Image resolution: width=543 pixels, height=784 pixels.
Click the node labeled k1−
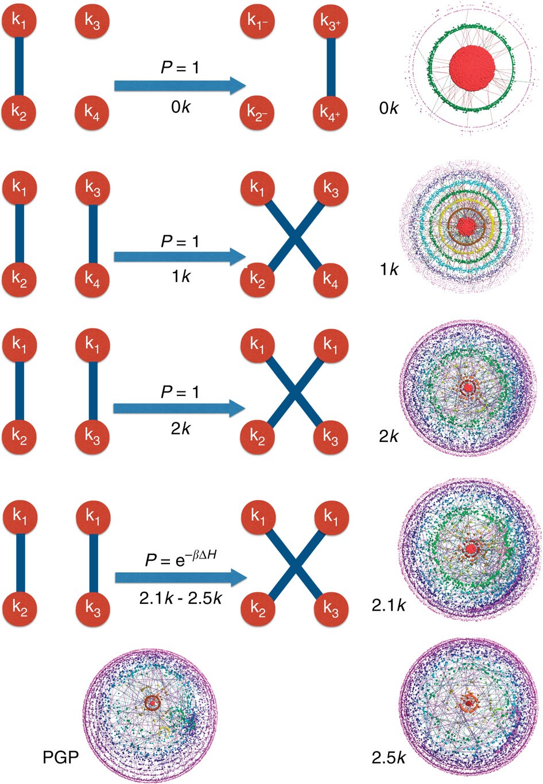pyautogui.click(x=258, y=22)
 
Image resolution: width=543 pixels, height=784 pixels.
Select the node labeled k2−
pyautogui.click(x=258, y=111)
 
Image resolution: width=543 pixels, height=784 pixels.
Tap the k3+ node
pyautogui.click(x=331, y=22)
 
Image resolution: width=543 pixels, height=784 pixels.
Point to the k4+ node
pyautogui.click(x=331, y=111)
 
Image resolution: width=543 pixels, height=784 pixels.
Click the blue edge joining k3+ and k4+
pyautogui.click(x=331, y=67)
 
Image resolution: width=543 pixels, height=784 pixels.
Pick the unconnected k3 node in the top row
pyautogui.click(x=92, y=22)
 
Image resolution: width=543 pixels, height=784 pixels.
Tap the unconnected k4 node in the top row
pyautogui.click(x=92, y=111)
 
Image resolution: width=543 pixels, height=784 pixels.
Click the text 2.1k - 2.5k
pyautogui.click(x=180, y=599)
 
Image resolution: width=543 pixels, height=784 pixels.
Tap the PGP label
pyautogui.click(x=60, y=758)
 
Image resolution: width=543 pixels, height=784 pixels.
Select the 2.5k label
pyautogui.click(x=389, y=758)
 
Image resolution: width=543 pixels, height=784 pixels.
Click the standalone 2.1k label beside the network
pyautogui.click(x=389, y=604)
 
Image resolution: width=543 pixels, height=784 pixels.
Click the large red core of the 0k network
pyautogui.click(x=472, y=66)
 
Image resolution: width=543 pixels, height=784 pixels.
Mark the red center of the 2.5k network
pyautogui.click(x=469, y=703)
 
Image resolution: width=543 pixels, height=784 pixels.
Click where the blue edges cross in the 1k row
pyautogui.click(x=294, y=234)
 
